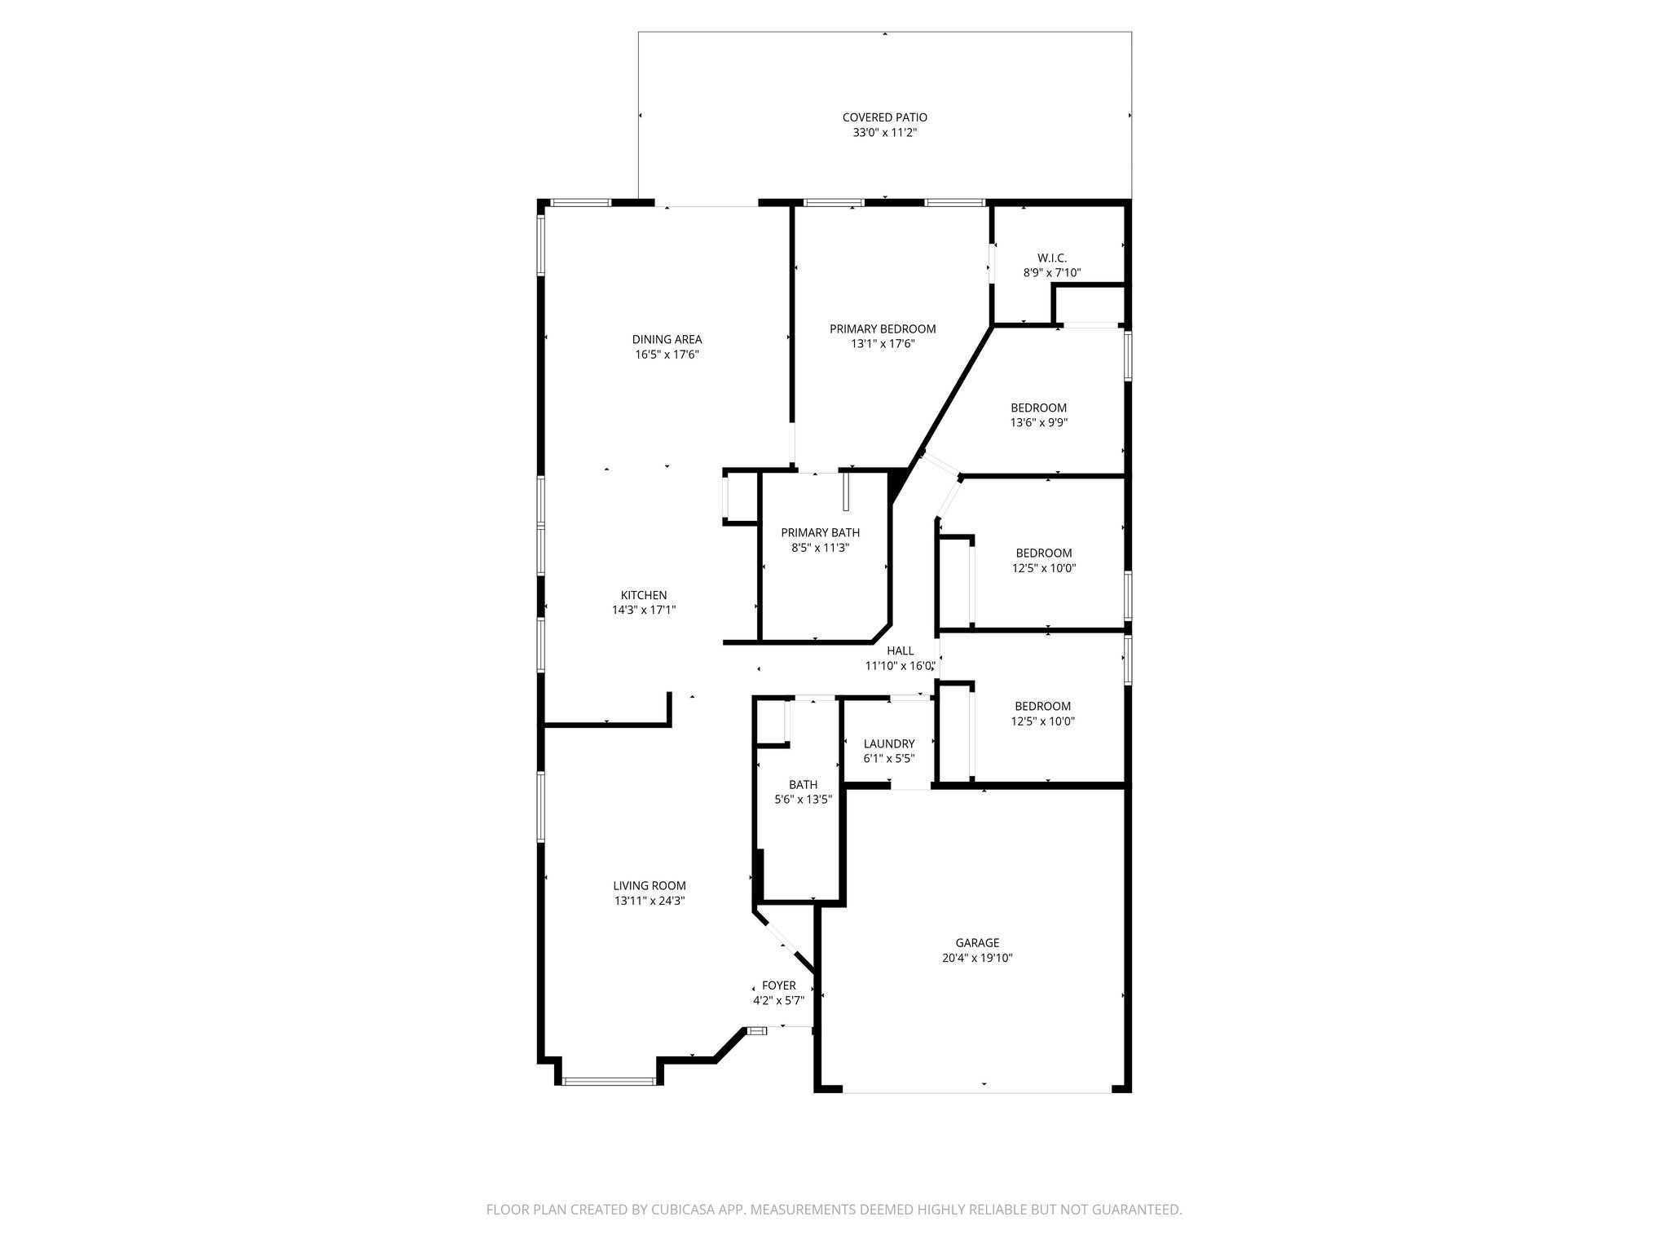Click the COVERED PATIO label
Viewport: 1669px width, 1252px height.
tap(884, 117)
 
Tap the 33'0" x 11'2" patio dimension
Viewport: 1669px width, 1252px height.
tap(884, 133)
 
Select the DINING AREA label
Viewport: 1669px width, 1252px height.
tap(667, 340)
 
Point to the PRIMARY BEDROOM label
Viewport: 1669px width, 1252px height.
tap(883, 329)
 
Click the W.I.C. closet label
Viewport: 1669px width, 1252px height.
tap(1052, 258)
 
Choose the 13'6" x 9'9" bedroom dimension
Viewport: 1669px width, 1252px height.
tap(1038, 423)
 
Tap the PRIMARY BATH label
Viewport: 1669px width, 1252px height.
tap(820, 533)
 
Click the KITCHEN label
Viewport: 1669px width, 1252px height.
tap(644, 596)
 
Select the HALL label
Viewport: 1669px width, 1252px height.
tap(900, 651)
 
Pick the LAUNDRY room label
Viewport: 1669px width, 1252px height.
tap(889, 744)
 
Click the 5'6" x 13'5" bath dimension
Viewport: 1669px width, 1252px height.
tap(803, 800)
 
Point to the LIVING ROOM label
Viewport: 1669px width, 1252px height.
tap(650, 886)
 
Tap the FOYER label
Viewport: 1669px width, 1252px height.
tap(779, 985)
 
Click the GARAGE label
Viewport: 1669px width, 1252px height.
tap(977, 943)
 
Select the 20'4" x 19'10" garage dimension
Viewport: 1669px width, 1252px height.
tap(977, 959)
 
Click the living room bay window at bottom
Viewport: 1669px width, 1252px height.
tap(608, 1082)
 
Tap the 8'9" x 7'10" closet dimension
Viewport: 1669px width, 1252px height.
tap(1052, 273)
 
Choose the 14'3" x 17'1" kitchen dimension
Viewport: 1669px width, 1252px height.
tap(644, 611)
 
